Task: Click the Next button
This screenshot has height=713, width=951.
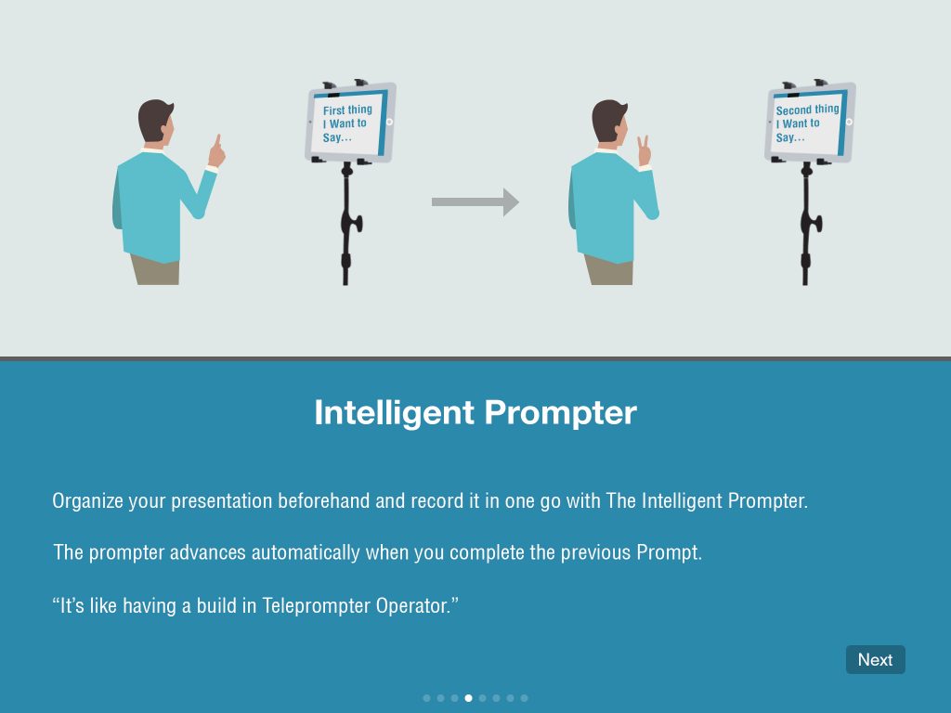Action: click(x=875, y=659)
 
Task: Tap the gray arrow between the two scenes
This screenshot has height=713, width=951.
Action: click(x=475, y=201)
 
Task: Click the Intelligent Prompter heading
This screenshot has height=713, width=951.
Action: click(x=475, y=412)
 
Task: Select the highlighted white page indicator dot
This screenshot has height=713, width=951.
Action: click(x=468, y=697)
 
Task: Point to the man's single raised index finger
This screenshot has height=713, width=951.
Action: click(x=217, y=142)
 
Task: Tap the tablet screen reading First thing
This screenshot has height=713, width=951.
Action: click(x=347, y=123)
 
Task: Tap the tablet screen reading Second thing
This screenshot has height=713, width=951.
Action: click(x=806, y=123)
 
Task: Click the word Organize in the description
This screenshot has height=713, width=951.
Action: click(x=87, y=501)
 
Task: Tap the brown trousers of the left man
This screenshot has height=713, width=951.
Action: click(x=154, y=270)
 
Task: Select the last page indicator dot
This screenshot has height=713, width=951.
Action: click(x=524, y=697)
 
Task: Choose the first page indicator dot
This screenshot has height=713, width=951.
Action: click(x=426, y=697)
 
